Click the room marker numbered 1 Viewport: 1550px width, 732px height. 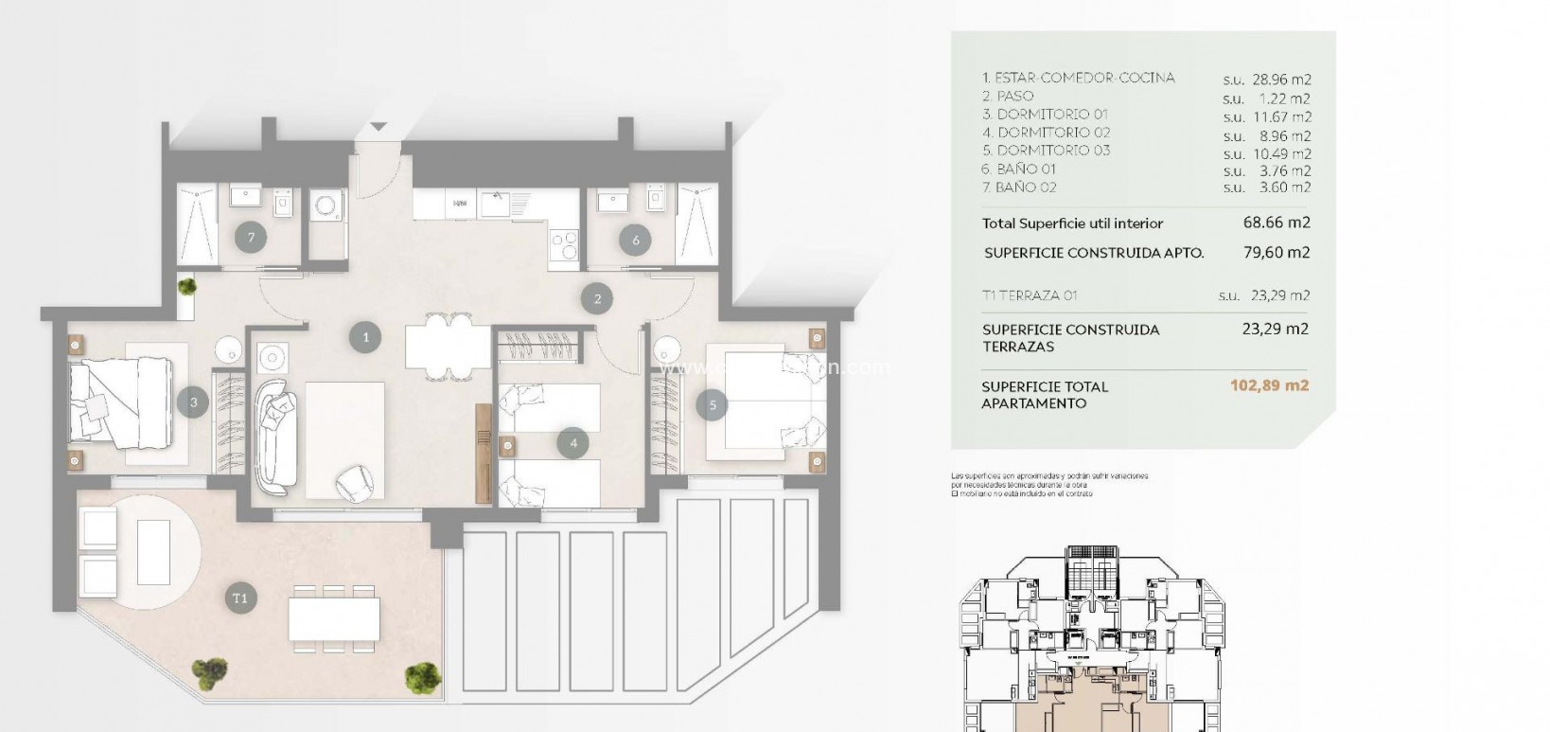coord(365,335)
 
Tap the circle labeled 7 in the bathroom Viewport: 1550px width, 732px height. coord(252,237)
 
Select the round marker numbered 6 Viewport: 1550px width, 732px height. coord(636,241)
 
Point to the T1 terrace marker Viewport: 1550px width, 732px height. coord(240,598)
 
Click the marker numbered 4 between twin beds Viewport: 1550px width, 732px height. coord(572,442)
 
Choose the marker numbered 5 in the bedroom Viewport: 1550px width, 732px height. coord(713,405)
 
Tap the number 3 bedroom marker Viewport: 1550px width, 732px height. coord(193,402)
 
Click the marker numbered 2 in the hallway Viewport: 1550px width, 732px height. coord(598,299)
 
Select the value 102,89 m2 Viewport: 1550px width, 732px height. coord(1269,386)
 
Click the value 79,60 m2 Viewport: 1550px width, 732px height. coord(1276,253)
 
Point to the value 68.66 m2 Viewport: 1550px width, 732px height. coord(1276,223)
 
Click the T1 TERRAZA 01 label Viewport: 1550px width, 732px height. coord(1030,295)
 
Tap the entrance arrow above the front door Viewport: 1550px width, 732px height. coord(379,127)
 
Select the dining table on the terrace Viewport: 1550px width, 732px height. coord(334,618)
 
